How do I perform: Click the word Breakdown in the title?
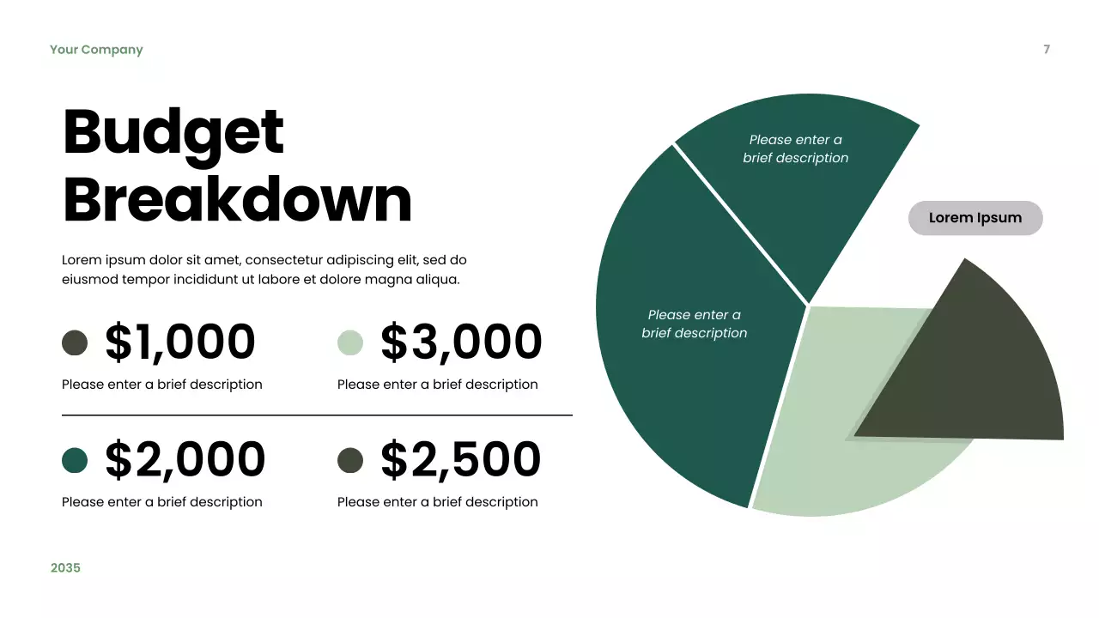[x=237, y=199]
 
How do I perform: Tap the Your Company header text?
[x=96, y=50]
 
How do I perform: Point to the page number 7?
[x=1047, y=50]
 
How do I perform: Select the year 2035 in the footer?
[x=65, y=567]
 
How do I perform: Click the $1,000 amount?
[x=180, y=342]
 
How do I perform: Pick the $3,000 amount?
[x=461, y=342]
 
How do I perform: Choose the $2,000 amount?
[x=185, y=459]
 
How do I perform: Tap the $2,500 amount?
[x=460, y=459]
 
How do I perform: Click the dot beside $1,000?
[x=75, y=342]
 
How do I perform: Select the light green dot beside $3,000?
[x=350, y=342]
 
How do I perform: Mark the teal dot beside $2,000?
[x=75, y=460]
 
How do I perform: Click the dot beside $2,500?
[x=350, y=460]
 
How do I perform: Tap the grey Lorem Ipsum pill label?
[x=975, y=218]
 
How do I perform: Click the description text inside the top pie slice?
[x=796, y=148]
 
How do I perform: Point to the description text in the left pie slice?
[x=695, y=324]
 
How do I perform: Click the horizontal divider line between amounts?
[x=317, y=415]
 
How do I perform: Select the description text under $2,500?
[x=437, y=502]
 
